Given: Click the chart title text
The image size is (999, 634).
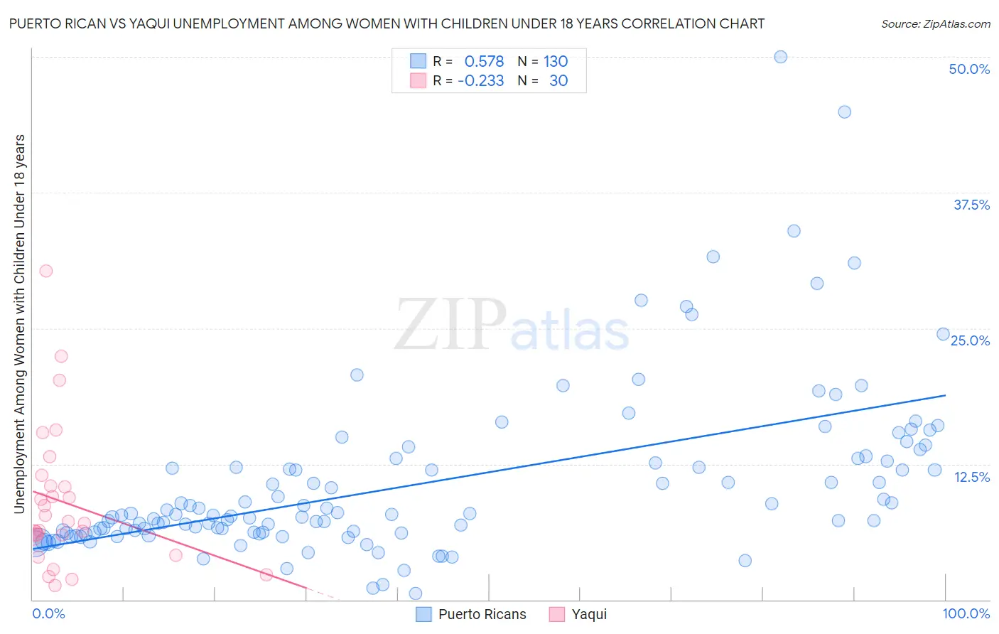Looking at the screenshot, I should [387, 23].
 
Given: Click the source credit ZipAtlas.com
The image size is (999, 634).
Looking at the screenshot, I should [935, 23].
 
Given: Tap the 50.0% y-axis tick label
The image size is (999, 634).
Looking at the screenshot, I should [969, 69].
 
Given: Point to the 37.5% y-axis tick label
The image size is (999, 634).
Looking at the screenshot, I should [971, 205].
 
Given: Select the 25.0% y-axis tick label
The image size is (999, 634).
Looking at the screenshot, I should [970, 340].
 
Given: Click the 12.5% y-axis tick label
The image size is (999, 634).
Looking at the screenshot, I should [971, 477].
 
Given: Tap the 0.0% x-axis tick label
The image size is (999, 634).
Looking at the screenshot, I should [48, 613].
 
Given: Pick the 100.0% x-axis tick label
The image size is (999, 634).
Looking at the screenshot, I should [966, 613].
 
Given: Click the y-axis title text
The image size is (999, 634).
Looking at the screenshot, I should [19, 323].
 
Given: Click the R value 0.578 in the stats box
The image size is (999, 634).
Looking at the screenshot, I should [484, 61].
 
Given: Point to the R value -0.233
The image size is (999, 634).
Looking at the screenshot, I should [481, 80].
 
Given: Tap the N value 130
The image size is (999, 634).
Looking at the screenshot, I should [556, 61].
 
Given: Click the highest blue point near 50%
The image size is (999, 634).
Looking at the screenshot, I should [780, 57].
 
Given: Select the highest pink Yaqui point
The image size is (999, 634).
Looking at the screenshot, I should [46, 271].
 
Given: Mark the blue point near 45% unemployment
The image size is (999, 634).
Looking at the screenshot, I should [844, 112].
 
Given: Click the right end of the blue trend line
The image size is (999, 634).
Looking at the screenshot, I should [945, 395].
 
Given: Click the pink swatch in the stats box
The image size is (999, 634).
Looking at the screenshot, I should [418, 80].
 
